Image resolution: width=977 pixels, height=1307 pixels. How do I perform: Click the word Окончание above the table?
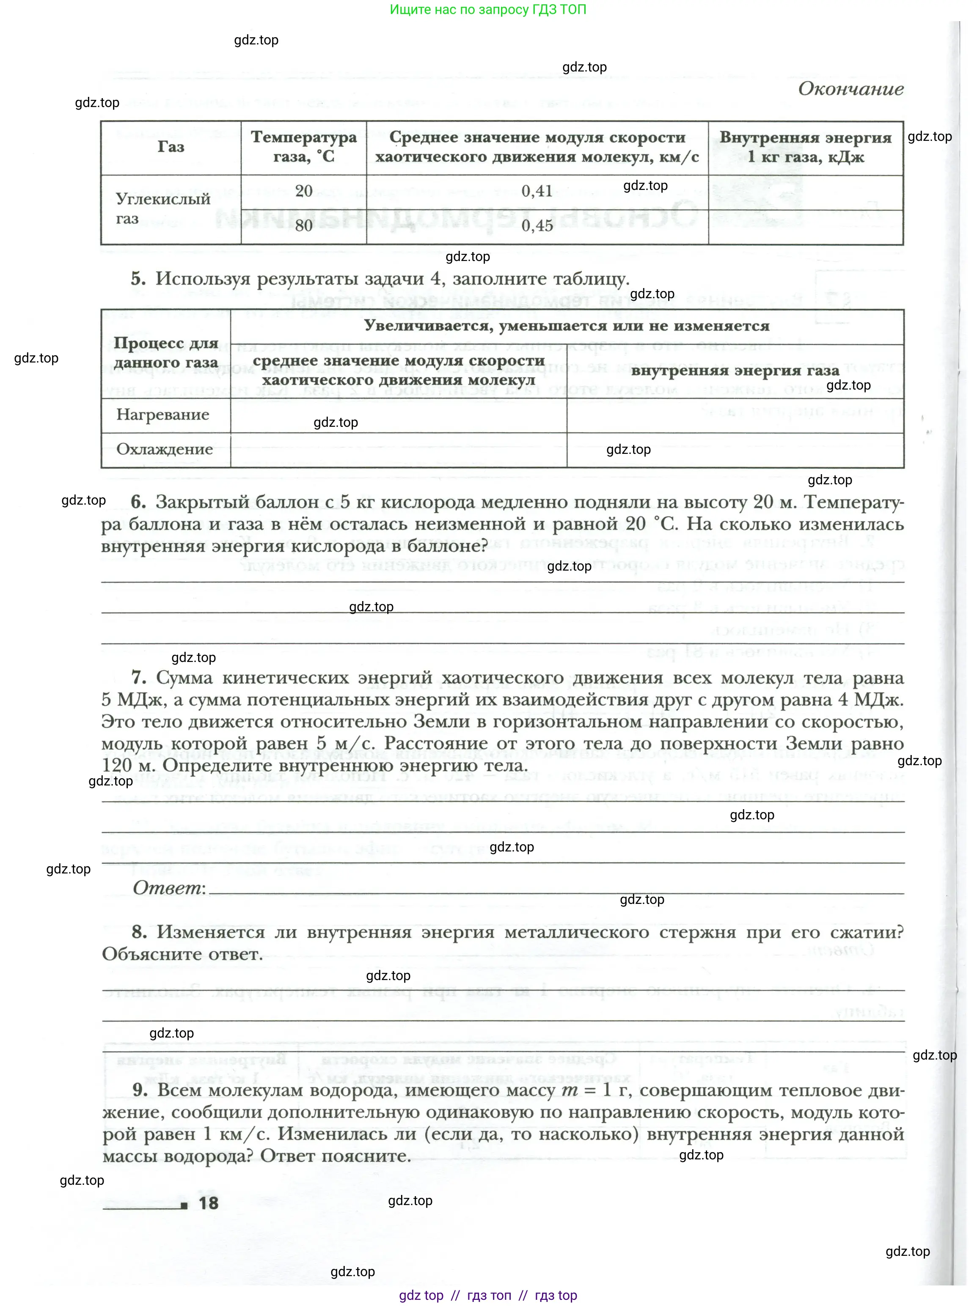coord(850,89)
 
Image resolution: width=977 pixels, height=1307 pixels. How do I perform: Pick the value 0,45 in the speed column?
coord(536,226)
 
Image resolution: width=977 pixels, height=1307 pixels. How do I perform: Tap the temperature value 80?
coord(303,226)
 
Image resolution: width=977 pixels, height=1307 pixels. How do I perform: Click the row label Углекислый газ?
coord(162,209)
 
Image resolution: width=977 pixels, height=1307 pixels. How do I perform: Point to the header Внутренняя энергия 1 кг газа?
coord(805,147)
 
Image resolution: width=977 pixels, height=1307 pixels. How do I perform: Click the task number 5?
coord(138,278)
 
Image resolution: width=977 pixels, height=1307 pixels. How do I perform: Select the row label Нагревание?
coord(162,415)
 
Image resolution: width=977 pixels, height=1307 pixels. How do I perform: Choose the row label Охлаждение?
coord(164,450)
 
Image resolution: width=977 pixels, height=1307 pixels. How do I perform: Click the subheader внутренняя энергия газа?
coord(735,371)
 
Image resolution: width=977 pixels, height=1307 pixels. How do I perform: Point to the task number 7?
coord(139,678)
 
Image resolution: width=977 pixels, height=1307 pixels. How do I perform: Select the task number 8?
coord(140,932)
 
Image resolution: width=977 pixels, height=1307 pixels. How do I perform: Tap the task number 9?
coord(140,1090)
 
